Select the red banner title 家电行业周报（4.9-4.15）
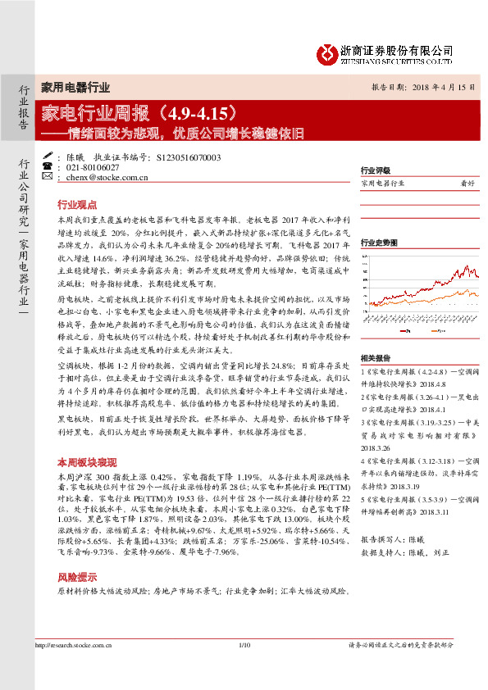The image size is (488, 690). click(x=144, y=110)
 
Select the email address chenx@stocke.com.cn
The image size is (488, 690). click(x=107, y=176)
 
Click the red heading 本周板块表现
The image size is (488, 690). click(x=82, y=462)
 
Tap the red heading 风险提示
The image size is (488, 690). click(x=76, y=555)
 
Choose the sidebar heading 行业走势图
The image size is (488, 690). click(x=379, y=243)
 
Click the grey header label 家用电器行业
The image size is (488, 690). click(x=75, y=87)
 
